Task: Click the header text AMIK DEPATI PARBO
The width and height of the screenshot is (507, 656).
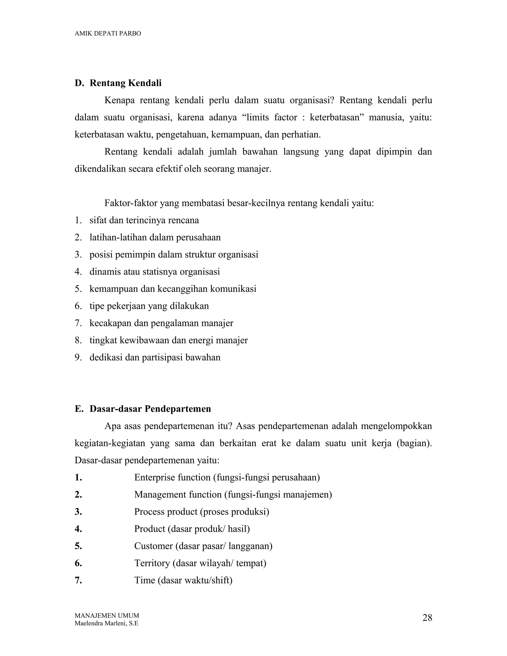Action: tap(107, 34)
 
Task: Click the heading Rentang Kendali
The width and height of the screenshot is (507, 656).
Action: tap(125, 83)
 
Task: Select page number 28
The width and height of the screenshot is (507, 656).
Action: tap(427, 618)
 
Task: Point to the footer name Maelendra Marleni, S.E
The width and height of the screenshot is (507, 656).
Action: tap(106, 623)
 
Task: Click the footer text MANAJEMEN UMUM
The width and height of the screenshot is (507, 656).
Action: tap(107, 615)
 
